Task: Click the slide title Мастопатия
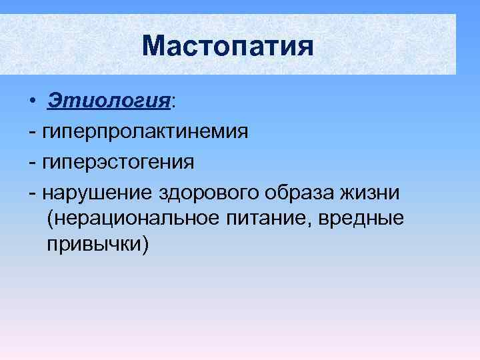coord(227,46)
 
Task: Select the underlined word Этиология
coord(109,101)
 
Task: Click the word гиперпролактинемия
coord(145,131)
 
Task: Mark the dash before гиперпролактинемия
coord(33,132)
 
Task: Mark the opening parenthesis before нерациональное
coord(51,219)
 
